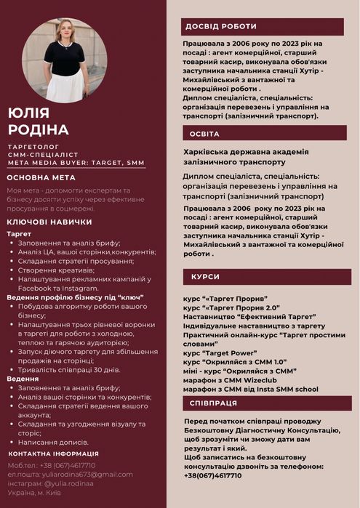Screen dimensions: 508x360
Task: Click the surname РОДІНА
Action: click(38, 129)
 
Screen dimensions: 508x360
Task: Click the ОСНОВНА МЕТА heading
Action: click(41, 177)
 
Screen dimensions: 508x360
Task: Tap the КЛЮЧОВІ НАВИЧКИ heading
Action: click(49, 222)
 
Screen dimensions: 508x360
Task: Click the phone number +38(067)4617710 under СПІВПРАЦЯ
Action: click(212, 475)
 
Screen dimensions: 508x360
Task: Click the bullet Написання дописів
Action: click(53, 442)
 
